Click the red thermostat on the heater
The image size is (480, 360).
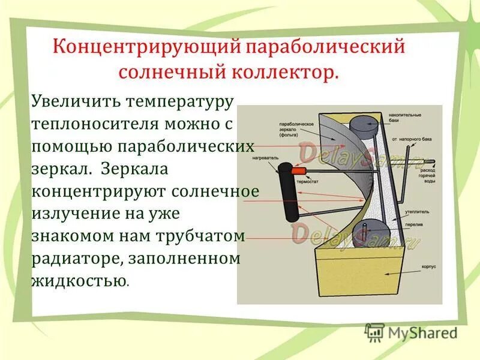click(x=296, y=171)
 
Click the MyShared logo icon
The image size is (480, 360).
click(x=375, y=332)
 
